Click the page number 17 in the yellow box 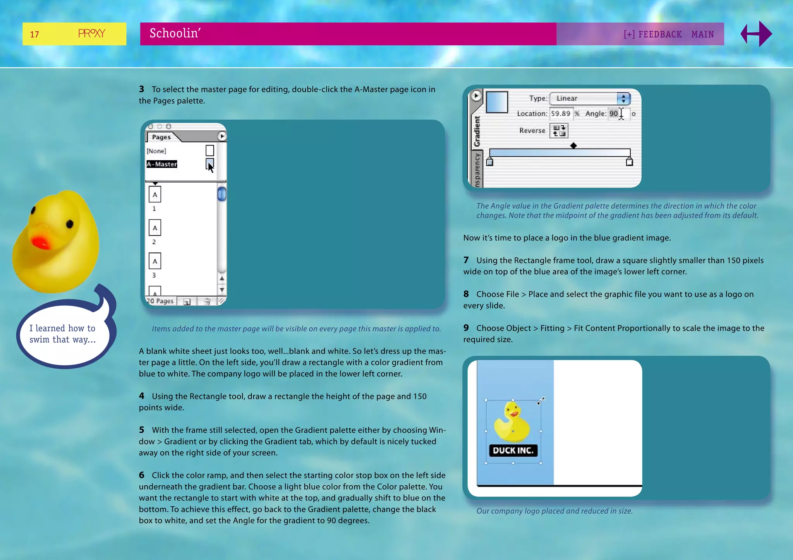[x=34, y=34]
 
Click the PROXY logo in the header [x=91, y=34]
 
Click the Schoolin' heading [x=175, y=33]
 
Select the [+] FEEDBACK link [x=652, y=34]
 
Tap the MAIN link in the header [x=702, y=34]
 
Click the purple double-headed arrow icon [x=756, y=34]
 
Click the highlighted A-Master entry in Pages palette [x=162, y=164]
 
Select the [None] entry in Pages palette [x=156, y=151]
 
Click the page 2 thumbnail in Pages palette [x=155, y=228]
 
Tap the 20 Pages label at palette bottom [x=160, y=301]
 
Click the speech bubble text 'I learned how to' [x=62, y=328]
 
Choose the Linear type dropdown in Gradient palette [x=590, y=98]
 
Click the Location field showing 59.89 [x=561, y=113]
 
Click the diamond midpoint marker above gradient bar [x=573, y=146]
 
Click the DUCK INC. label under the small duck [x=513, y=450]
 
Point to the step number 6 [x=142, y=475]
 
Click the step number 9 [x=466, y=328]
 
